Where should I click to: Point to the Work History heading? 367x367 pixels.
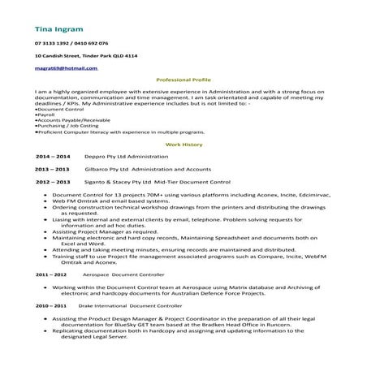(183, 143)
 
